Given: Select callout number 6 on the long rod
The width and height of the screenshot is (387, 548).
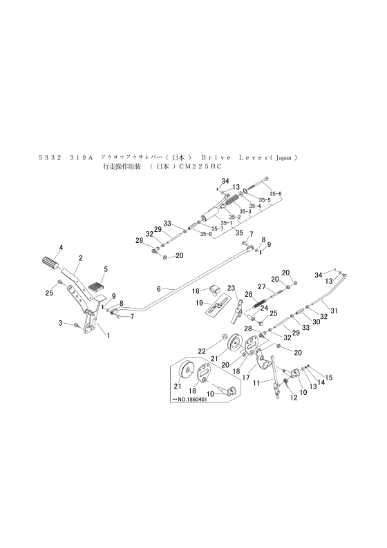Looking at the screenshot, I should point(158,288).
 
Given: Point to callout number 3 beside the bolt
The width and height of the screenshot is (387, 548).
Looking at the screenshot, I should point(61,323).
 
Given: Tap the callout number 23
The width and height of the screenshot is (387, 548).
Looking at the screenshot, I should point(231,288).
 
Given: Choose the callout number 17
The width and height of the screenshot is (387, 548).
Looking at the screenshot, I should point(246,378).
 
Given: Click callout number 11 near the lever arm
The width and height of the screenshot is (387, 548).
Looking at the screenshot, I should point(257,382).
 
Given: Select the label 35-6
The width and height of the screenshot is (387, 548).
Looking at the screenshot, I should point(276,194).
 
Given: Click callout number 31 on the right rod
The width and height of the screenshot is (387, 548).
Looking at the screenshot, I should point(335,311).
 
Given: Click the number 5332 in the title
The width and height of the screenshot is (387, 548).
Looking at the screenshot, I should point(49,157).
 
